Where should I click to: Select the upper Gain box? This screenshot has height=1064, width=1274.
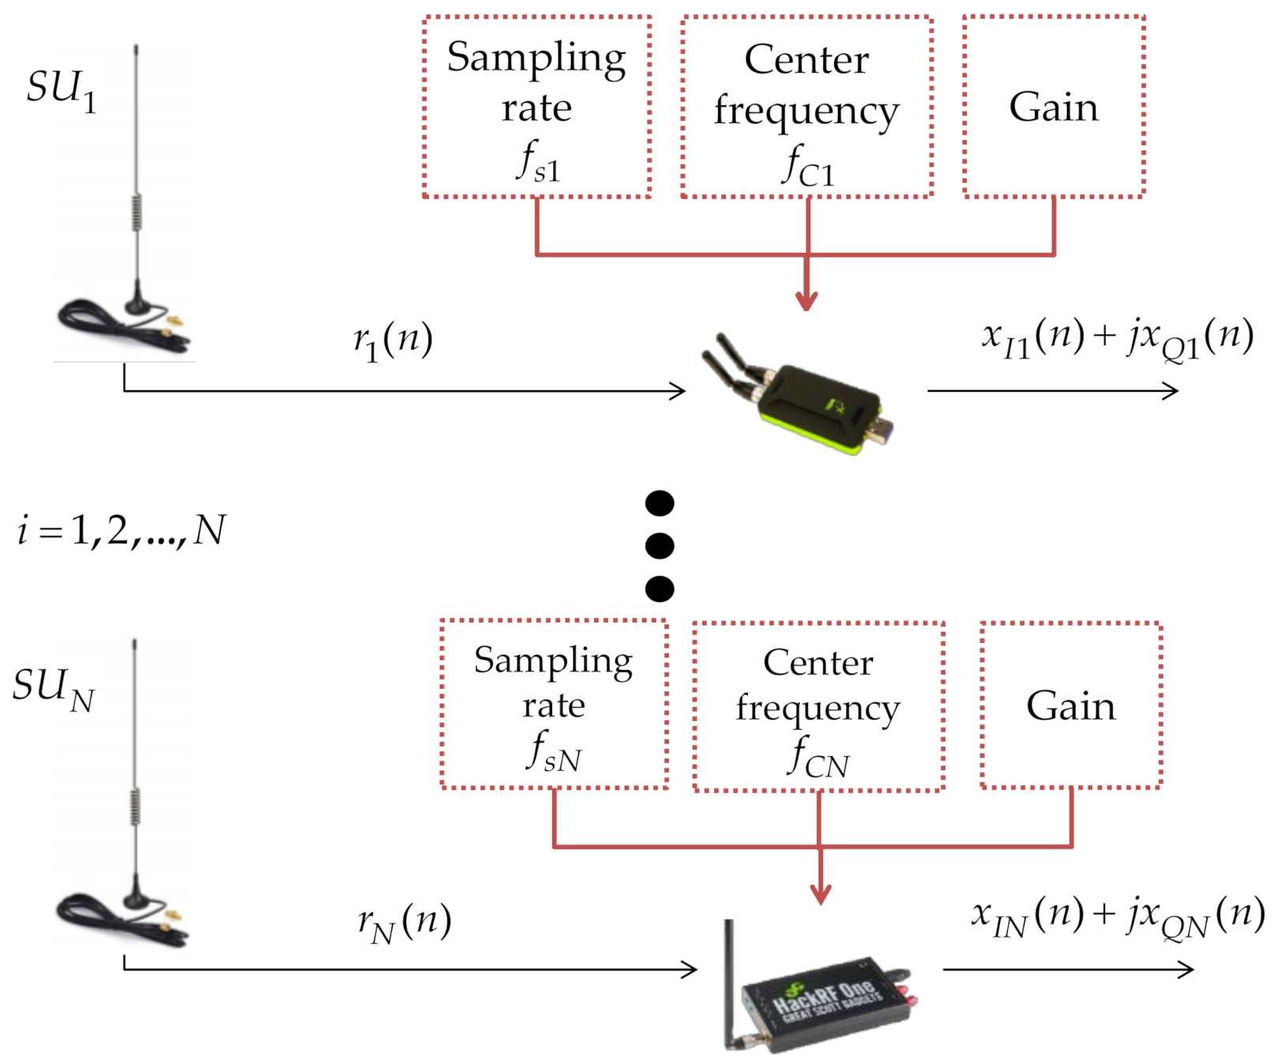[1054, 107]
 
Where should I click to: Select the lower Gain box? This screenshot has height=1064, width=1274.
[1070, 705]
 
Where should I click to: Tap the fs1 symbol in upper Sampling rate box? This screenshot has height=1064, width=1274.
[538, 161]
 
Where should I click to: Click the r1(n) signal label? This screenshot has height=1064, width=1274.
[393, 340]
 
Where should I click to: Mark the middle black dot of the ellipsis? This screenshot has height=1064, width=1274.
[660, 546]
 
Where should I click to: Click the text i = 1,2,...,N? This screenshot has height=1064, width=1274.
[121, 530]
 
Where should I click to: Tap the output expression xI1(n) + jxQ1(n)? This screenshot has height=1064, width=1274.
[1117, 338]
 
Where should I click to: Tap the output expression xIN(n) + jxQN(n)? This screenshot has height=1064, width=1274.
[1117, 916]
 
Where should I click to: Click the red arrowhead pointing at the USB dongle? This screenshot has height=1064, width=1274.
[806, 301]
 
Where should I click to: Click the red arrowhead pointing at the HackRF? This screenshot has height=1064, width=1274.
[821, 895]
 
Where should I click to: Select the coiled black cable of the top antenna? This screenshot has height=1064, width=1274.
[103, 324]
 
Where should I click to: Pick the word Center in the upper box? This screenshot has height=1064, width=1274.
[806, 60]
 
